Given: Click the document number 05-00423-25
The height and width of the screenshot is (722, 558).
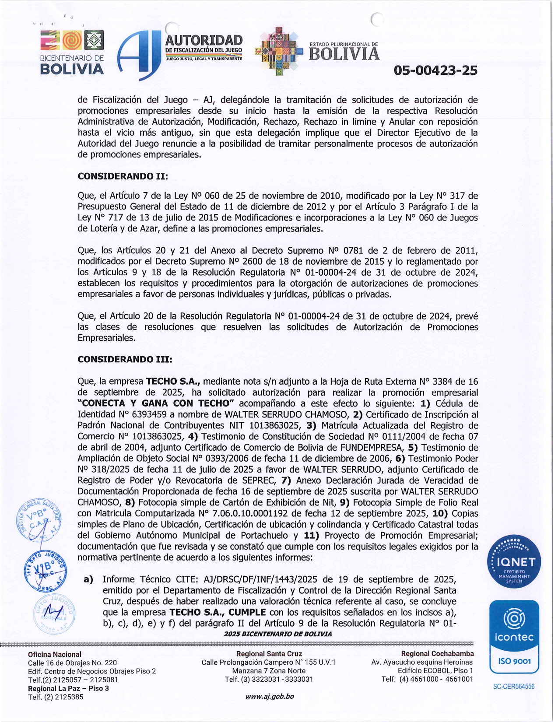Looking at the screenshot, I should click(435, 70).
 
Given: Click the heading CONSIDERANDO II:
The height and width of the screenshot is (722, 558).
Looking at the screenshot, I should click(123, 176).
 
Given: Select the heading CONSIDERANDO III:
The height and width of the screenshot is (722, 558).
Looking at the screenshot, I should click(125, 359).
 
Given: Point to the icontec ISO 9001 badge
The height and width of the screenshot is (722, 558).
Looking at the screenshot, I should click(514, 637).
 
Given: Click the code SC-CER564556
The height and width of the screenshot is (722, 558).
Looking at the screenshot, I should click(514, 687).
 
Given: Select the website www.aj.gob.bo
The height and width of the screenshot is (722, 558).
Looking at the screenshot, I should click(270, 696).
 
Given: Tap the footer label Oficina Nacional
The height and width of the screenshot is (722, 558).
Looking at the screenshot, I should click(55, 654).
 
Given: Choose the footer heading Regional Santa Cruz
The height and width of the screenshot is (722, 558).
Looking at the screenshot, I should click(269, 654).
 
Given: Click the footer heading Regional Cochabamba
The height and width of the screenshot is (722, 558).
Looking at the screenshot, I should click(437, 654).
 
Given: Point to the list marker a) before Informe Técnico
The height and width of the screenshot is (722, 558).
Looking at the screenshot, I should click(88, 579).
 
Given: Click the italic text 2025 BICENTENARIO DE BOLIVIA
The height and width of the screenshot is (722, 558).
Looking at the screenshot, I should click(277, 634).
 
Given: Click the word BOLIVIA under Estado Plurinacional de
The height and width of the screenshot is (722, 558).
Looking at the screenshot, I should click(344, 54).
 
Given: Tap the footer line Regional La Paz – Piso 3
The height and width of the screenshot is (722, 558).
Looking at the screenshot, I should click(68, 688).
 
